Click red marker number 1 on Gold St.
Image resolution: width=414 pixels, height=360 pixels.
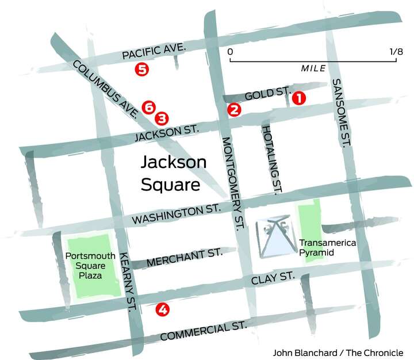tap(298, 98)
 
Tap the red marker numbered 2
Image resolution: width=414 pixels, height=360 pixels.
tap(233, 110)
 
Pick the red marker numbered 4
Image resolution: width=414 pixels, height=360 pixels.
tap(163, 310)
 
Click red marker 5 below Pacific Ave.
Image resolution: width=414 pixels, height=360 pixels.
tap(141, 70)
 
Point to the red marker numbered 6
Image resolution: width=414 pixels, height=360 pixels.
tap(148, 107)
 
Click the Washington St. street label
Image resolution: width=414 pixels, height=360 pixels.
tap(177, 214)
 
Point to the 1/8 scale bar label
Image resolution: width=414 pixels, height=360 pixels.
tap(396, 52)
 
